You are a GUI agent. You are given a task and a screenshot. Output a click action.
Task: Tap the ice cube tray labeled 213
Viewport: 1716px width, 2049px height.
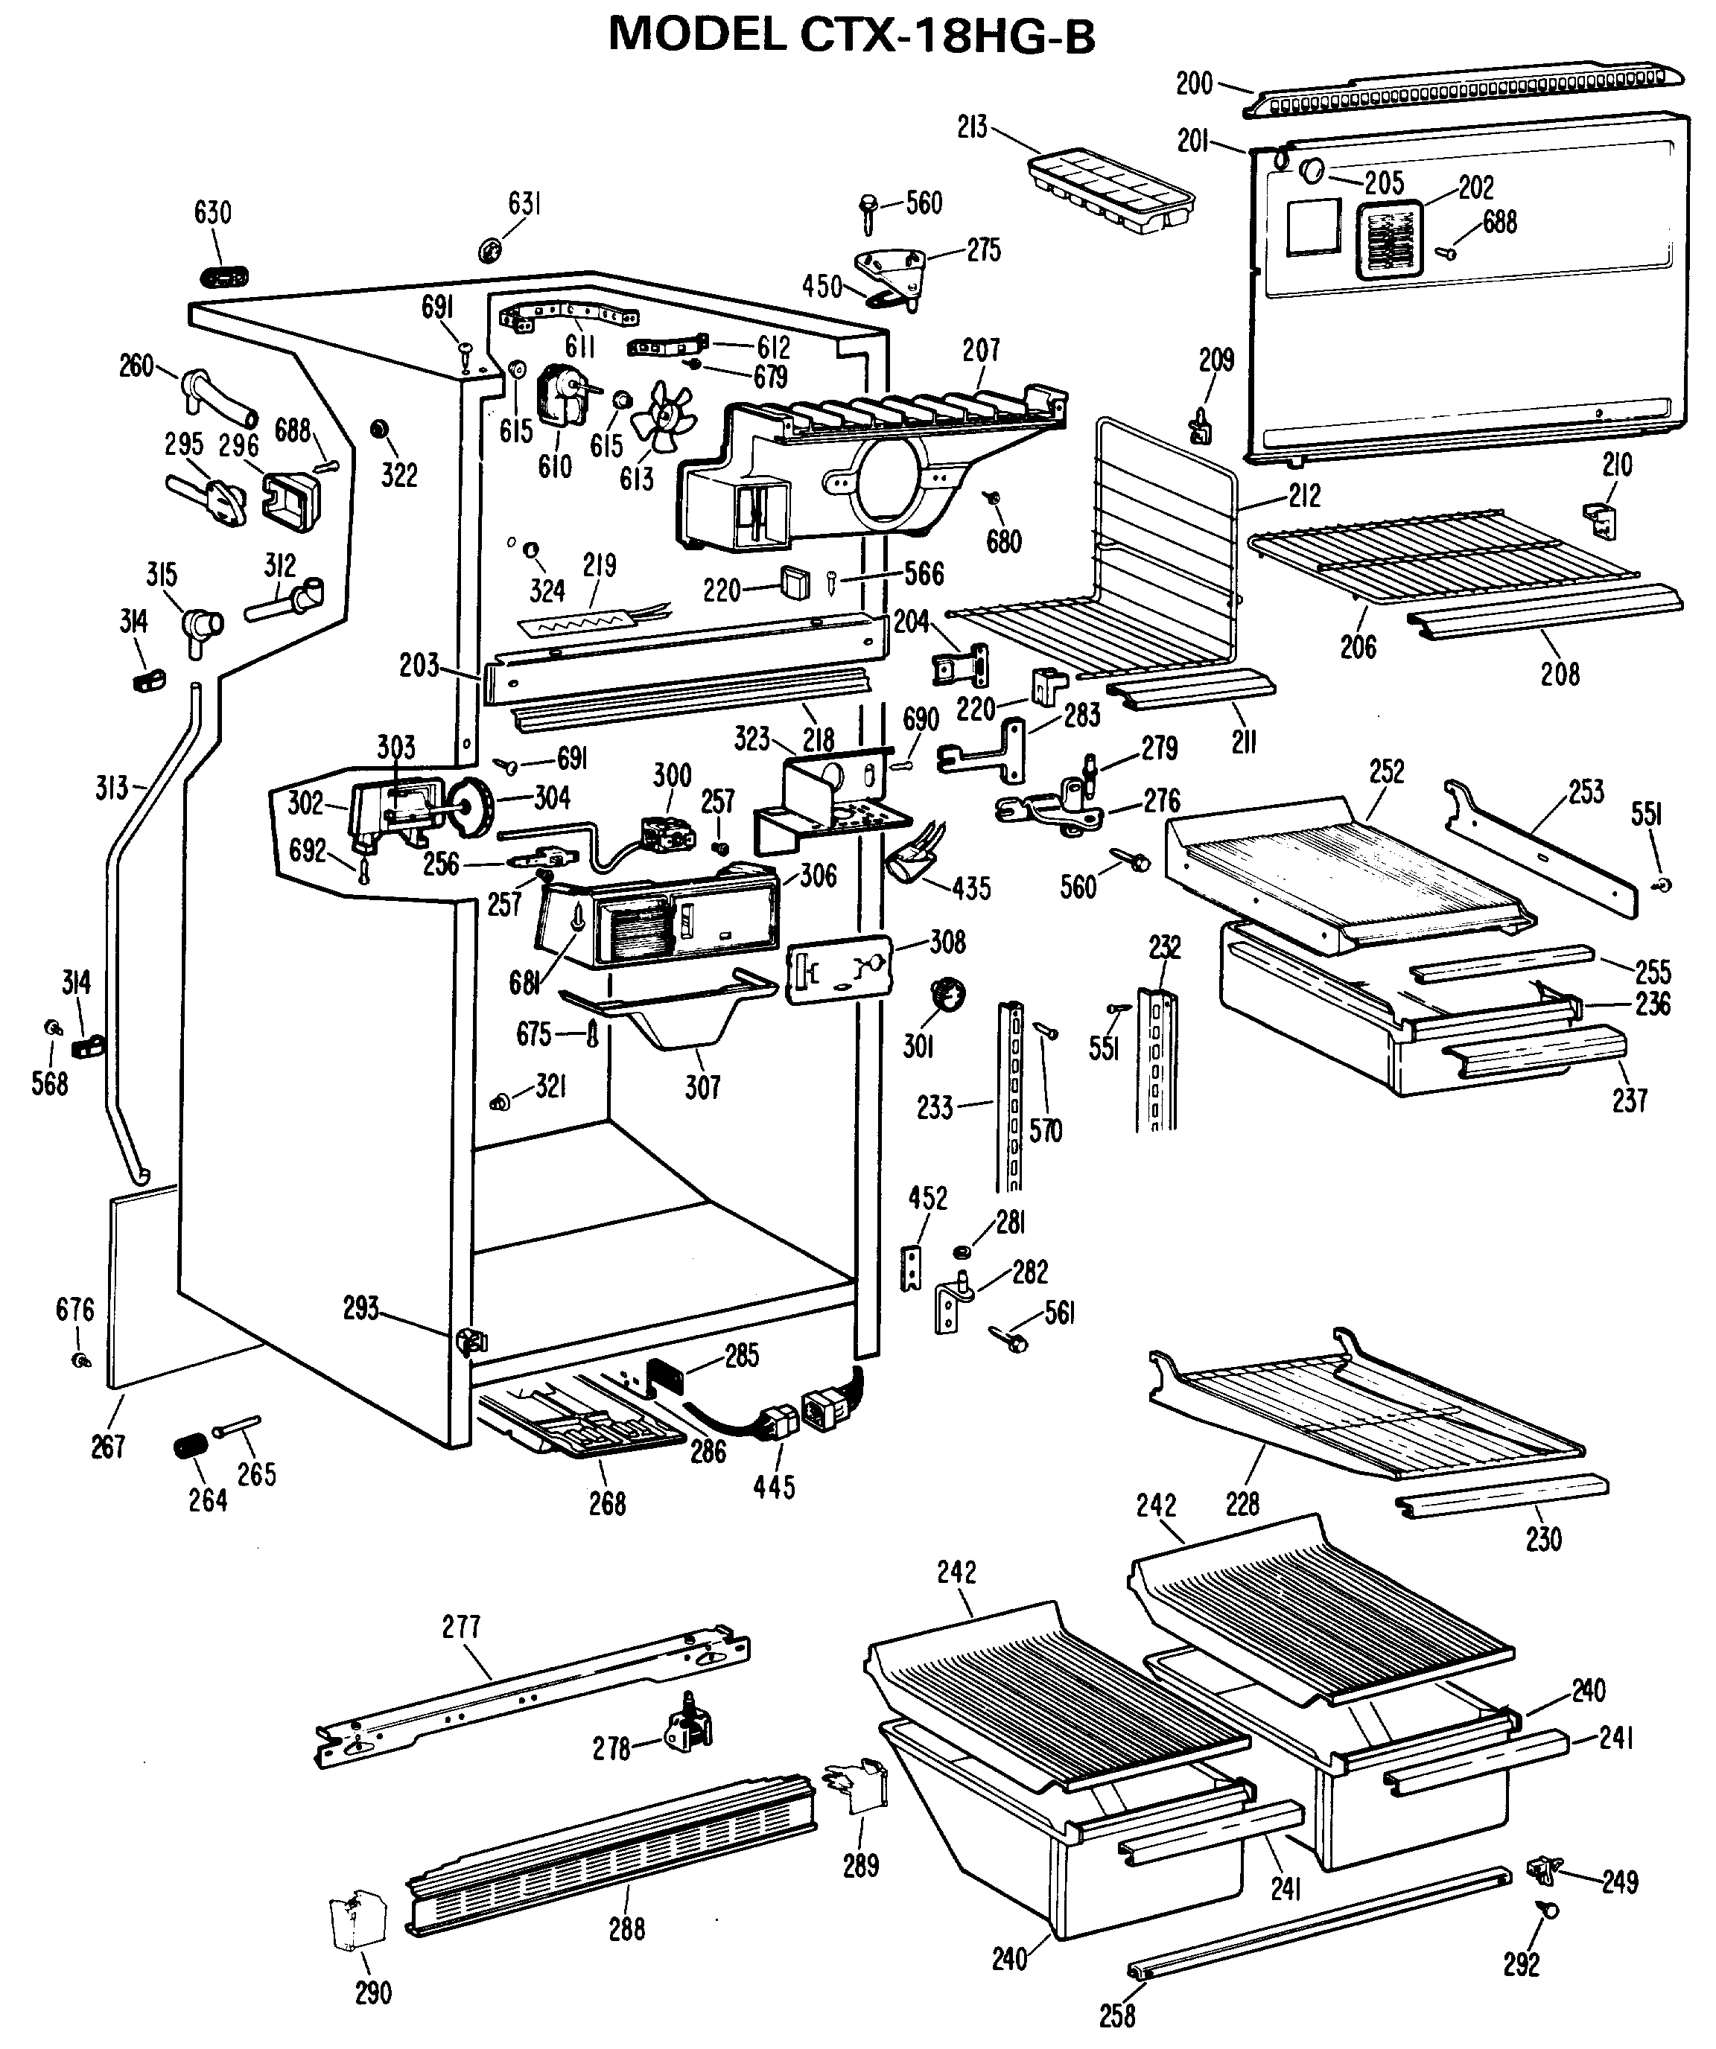coord(1110,191)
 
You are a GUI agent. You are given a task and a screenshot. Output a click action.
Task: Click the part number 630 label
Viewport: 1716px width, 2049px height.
coord(213,213)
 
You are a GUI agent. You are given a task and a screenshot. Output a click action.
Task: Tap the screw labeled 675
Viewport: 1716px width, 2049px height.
coord(591,1033)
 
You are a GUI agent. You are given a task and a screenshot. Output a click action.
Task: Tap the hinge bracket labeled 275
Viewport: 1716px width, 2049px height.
coord(890,274)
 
